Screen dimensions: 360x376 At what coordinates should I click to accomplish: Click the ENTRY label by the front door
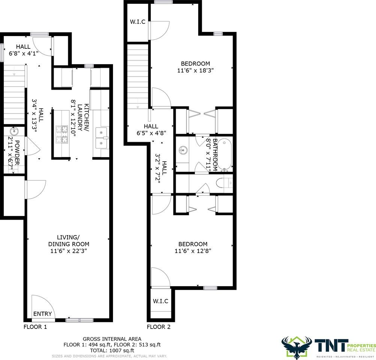coord(42,314)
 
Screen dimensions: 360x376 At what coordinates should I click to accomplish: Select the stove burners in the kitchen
coord(62,135)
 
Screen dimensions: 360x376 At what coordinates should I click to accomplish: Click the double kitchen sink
coord(102,138)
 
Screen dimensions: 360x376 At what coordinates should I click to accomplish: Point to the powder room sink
coord(14,131)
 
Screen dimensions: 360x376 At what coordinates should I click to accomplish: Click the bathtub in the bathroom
coord(225,153)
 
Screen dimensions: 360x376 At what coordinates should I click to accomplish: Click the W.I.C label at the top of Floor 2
coord(137,22)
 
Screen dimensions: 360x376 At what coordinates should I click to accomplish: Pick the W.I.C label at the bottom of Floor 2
coord(161,301)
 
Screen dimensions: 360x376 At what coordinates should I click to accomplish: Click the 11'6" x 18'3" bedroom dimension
coord(195,70)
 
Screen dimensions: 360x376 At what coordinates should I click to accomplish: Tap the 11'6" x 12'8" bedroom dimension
coord(193,251)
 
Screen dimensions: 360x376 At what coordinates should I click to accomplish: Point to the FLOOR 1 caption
coord(35,327)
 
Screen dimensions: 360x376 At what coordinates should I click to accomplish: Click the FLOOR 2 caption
coord(158,327)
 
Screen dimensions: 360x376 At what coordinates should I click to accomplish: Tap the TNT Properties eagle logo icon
coord(296,346)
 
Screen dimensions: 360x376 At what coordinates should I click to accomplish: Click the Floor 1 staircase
coord(15,94)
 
